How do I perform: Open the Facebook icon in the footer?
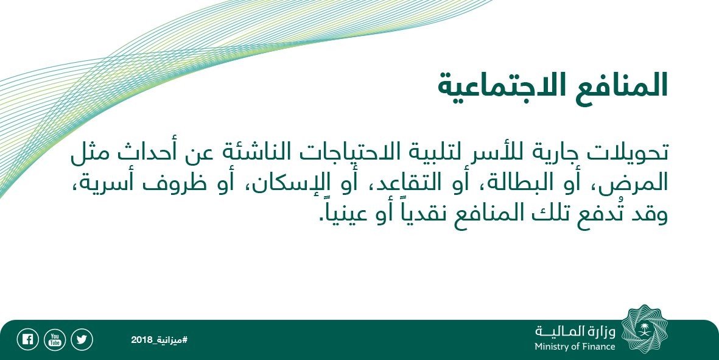(x=27, y=340)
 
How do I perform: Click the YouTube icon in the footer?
(x=55, y=340)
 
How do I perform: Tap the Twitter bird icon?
(x=82, y=340)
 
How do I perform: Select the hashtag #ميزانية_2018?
(x=160, y=340)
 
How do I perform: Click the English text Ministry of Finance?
(x=575, y=347)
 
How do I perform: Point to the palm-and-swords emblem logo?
(x=645, y=330)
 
